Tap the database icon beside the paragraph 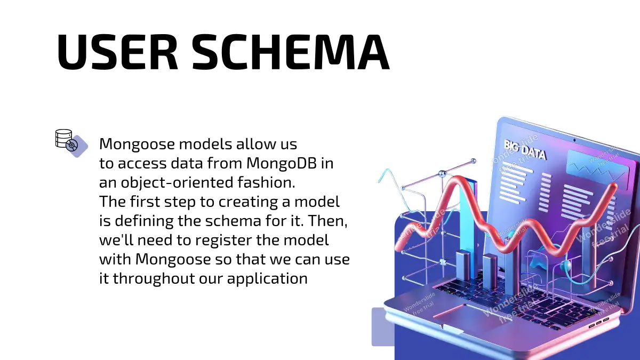[x=71, y=143]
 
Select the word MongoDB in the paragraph [x=282, y=163]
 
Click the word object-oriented [x=177, y=183]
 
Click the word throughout [x=154, y=278]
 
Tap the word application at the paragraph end [x=267, y=279]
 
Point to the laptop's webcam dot [x=574, y=140]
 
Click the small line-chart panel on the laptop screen [x=598, y=169]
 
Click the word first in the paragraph [x=145, y=202]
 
